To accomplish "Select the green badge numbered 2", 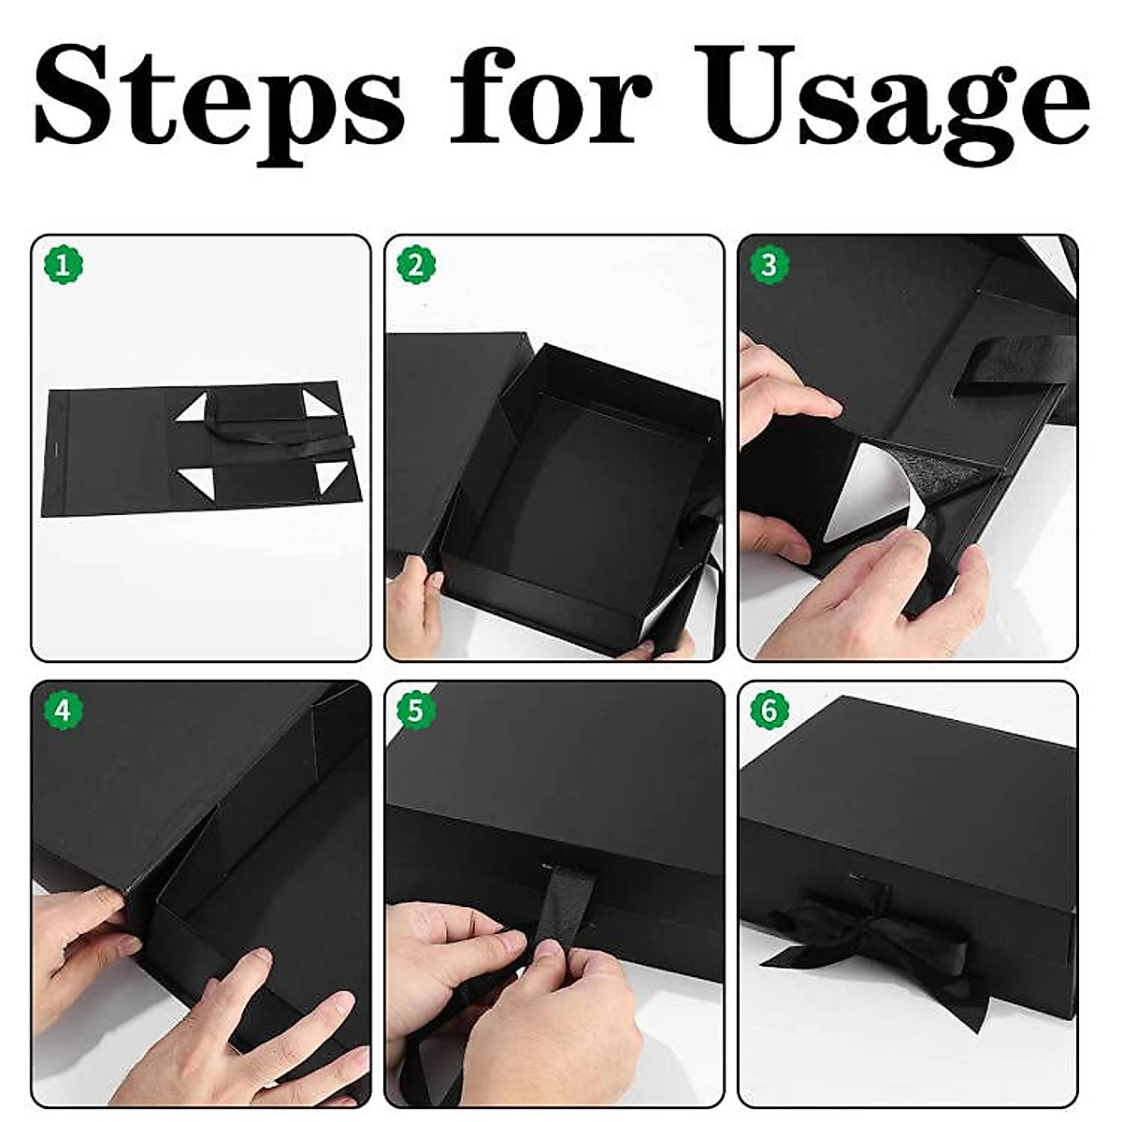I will tap(416, 266).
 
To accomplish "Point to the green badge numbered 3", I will tap(769, 266).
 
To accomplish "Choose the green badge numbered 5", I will tap(416, 711).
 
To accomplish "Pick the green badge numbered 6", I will tap(769, 711).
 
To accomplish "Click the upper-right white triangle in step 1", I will tap(332, 409).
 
